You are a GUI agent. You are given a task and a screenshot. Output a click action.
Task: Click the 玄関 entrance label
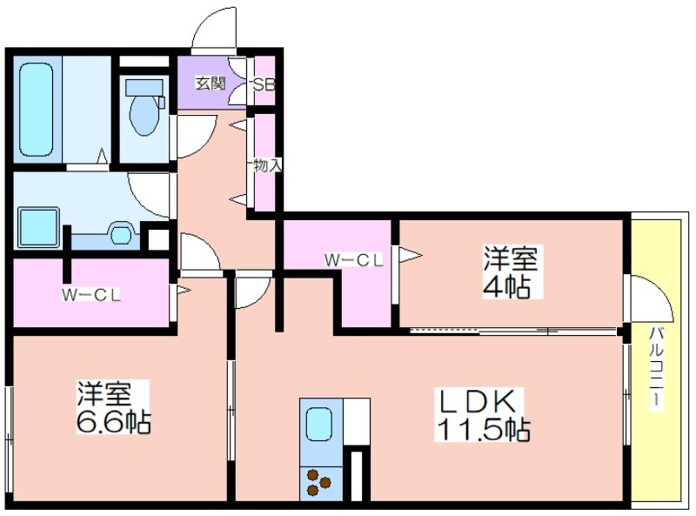(211, 84)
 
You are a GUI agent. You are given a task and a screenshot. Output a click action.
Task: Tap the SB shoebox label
(264, 84)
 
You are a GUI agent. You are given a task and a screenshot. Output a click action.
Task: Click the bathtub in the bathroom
(37, 110)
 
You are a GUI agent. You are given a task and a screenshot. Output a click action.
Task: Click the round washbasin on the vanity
(120, 235)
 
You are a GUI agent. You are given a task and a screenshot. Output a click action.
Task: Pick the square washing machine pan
(38, 228)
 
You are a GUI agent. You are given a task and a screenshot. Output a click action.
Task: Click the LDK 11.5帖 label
(483, 414)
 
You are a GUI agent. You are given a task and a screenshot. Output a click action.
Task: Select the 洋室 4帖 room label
(511, 271)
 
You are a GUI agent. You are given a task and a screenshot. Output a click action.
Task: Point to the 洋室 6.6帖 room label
(114, 406)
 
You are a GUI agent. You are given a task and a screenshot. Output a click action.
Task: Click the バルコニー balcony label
(658, 368)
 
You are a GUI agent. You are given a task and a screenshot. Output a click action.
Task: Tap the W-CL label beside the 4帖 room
(353, 260)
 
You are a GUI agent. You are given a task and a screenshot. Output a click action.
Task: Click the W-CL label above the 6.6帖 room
(91, 295)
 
